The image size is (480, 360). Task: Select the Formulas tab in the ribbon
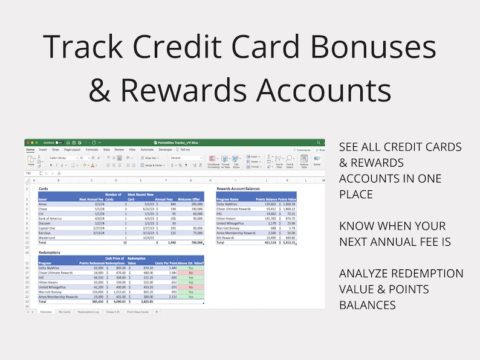(x=92, y=149)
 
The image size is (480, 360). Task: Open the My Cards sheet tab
(x=64, y=312)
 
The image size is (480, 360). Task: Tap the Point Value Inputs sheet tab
(x=138, y=312)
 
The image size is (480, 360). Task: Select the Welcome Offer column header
(x=189, y=199)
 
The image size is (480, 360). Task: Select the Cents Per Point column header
(x=165, y=263)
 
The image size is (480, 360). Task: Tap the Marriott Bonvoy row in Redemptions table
(x=51, y=292)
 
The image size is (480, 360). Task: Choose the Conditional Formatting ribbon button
(x=213, y=161)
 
